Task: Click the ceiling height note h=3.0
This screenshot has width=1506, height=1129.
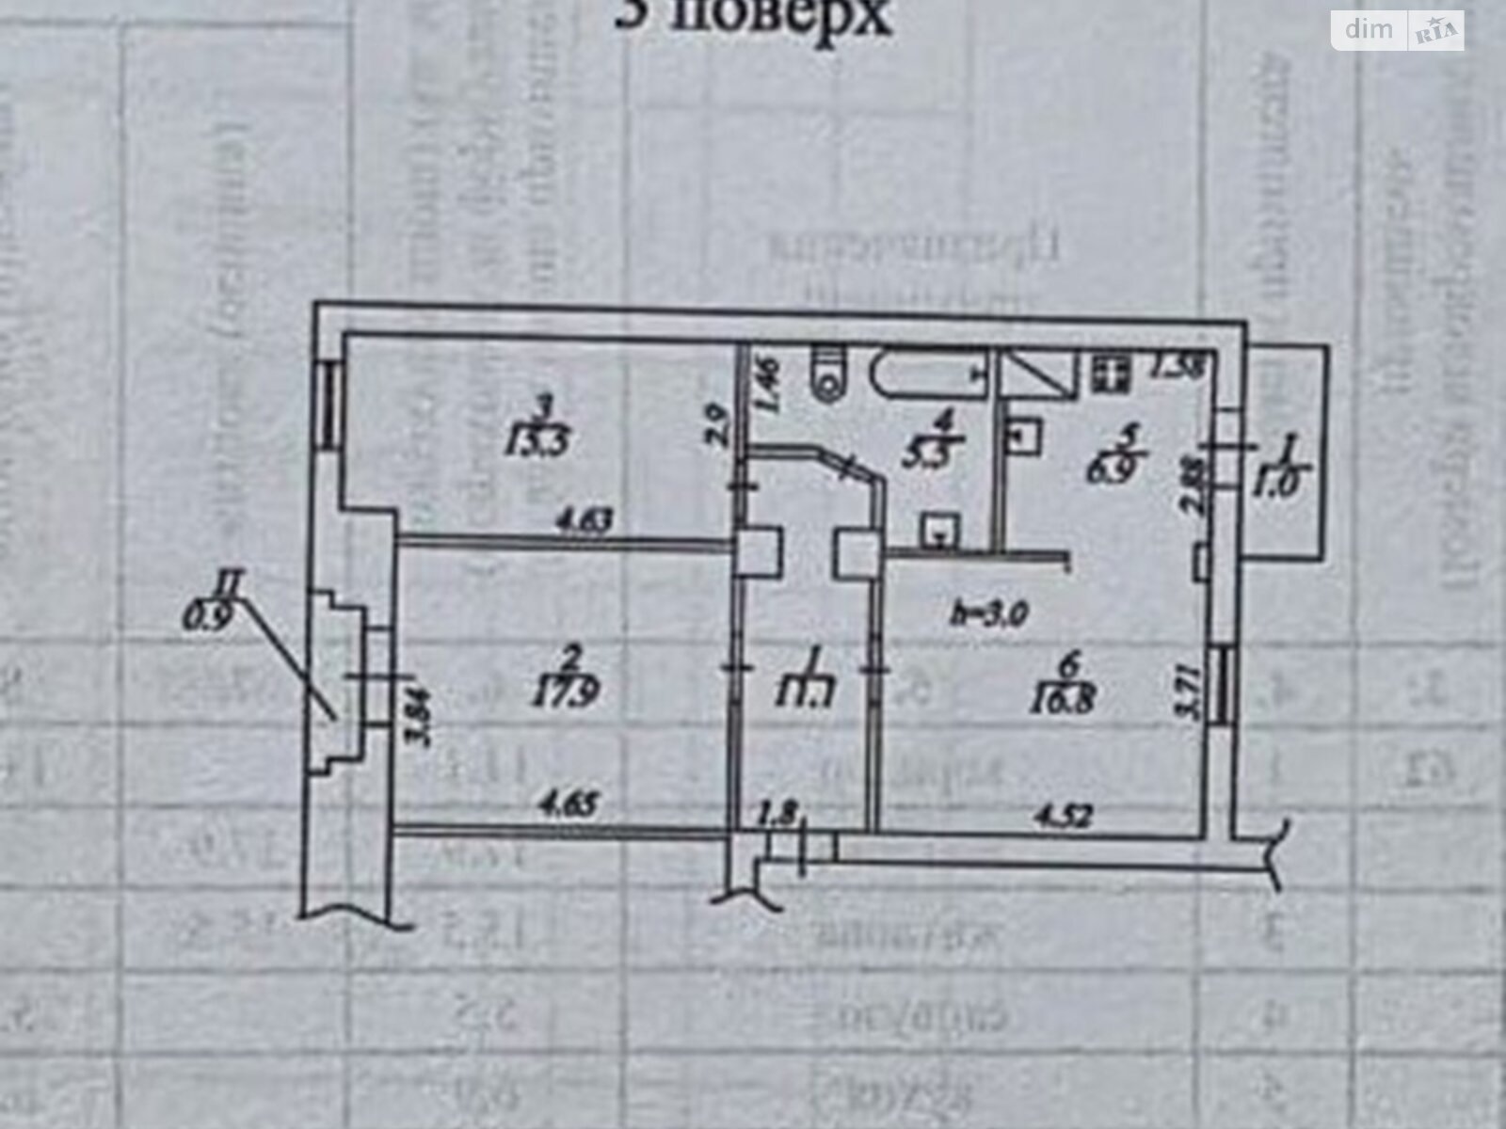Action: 988,612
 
